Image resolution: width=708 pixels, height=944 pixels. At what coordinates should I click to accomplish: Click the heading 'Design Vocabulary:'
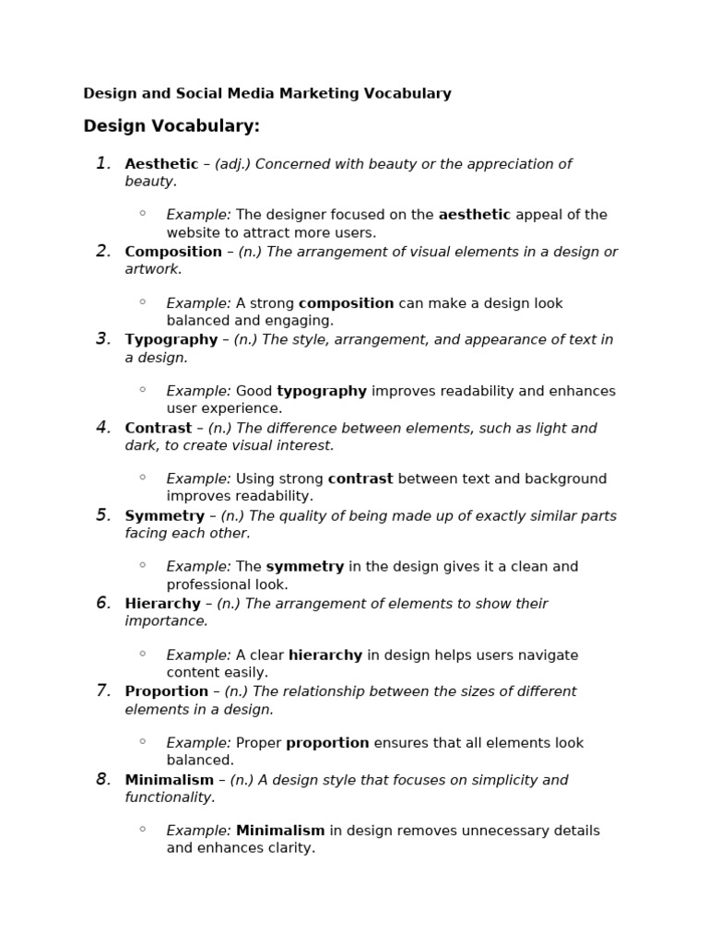(x=171, y=126)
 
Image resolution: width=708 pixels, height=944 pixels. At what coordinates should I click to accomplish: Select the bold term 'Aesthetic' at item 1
(x=161, y=164)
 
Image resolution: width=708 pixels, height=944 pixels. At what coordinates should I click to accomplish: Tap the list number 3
(x=103, y=339)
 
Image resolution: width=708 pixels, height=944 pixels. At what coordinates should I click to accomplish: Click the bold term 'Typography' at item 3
(x=171, y=339)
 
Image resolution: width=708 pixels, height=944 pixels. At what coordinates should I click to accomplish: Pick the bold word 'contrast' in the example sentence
(x=360, y=478)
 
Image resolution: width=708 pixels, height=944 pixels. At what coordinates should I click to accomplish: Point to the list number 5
(x=103, y=515)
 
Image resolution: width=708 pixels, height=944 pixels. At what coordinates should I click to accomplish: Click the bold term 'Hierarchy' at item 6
(x=162, y=604)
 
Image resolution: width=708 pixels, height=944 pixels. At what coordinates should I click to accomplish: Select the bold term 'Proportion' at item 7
(x=167, y=691)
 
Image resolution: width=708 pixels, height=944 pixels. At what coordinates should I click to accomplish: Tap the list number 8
(x=103, y=780)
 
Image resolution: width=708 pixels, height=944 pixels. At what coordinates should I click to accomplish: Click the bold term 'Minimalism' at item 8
(x=170, y=780)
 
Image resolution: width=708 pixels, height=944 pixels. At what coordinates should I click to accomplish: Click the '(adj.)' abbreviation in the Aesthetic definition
(x=232, y=164)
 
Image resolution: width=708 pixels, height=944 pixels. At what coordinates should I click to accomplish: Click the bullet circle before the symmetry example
(x=143, y=565)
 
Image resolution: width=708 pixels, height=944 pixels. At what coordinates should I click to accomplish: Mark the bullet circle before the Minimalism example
(x=143, y=829)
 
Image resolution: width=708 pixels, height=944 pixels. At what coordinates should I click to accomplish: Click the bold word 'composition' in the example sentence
(x=346, y=303)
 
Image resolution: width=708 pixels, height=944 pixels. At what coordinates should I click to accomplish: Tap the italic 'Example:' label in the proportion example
(x=198, y=743)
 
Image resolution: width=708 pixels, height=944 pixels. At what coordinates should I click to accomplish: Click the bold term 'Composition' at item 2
(x=173, y=252)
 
